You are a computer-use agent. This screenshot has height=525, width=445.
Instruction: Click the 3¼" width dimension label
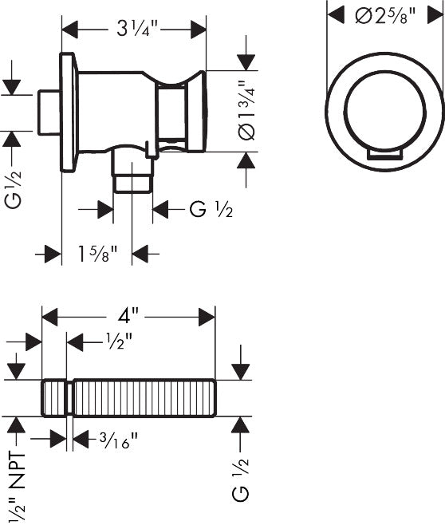click(137, 30)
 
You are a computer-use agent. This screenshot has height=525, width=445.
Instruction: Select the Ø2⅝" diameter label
click(385, 16)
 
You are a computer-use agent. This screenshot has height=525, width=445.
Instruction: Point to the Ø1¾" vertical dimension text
click(247, 110)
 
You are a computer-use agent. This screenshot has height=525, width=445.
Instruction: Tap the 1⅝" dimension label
click(97, 254)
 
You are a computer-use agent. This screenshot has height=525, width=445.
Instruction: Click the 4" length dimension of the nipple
click(128, 316)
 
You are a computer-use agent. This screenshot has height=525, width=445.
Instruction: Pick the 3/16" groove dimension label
click(119, 440)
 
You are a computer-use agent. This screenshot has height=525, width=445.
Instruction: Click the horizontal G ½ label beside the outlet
click(211, 210)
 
